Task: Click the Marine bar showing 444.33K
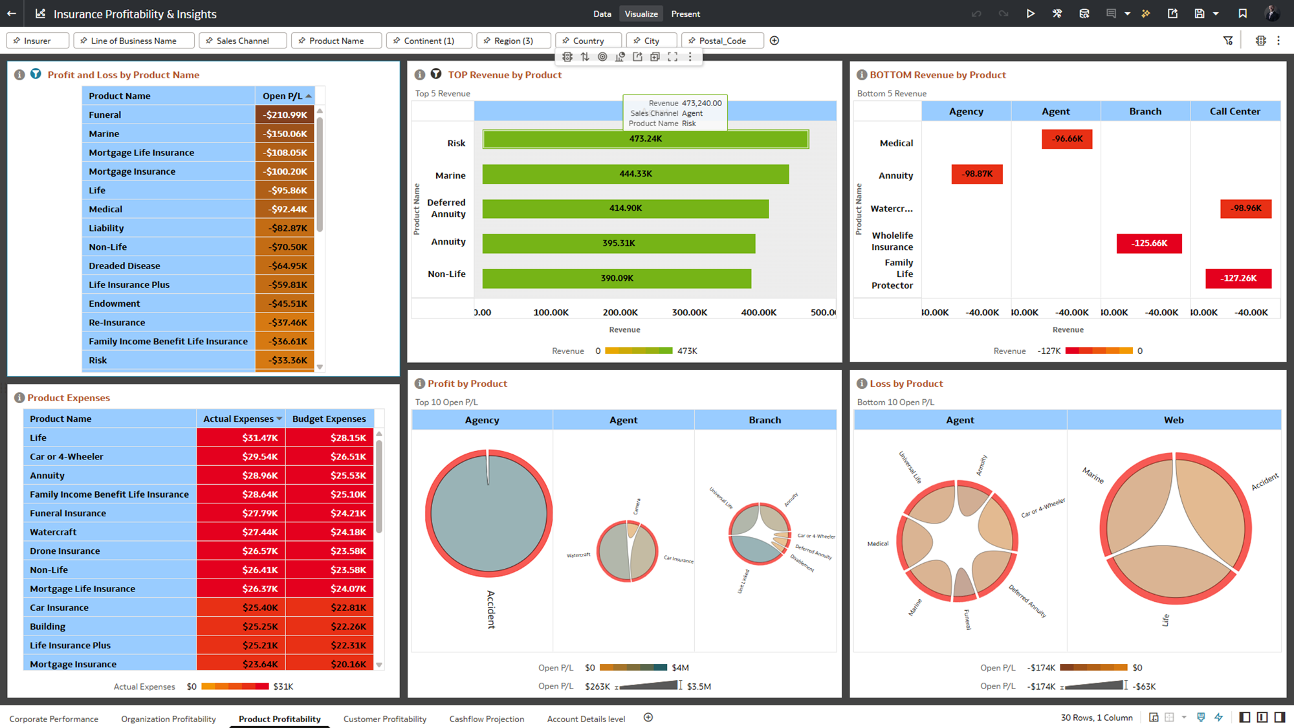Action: click(x=635, y=174)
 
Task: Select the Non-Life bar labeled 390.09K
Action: click(x=617, y=278)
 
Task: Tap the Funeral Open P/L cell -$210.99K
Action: click(x=285, y=115)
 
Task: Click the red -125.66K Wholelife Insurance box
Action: click(x=1149, y=243)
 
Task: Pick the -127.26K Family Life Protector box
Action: click(x=1238, y=278)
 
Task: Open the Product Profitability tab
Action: click(x=280, y=718)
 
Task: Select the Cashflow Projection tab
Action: click(x=487, y=718)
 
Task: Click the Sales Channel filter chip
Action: click(x=243, y=41)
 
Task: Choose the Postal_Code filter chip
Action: click(x=722, y=41)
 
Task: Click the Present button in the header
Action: click(x=685, y=14)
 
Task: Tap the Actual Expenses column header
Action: click(x=239, y=419)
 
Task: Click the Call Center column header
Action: click(x=1234, y=111)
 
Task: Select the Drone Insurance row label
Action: click(x=65, y=551)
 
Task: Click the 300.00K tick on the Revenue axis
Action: click(x=689, y=313)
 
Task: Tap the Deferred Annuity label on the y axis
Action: click(x=446, y=208)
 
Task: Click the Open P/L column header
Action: click(x=283, y=96)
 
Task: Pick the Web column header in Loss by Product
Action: click(x=1173, y=420)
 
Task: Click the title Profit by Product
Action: click(x=467, y=384)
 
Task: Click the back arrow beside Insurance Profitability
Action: click(x=12, y=14)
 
